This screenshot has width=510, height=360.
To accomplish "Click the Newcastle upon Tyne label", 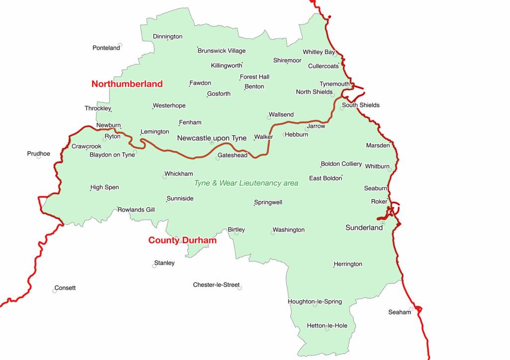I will coord(212,138).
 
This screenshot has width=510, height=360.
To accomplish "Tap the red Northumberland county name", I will coord(127,84).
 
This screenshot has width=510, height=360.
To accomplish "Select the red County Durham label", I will coord(182,240).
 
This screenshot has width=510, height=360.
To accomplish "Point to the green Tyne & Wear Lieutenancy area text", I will coord(246,183).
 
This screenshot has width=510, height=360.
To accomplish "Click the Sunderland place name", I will coord(364,227).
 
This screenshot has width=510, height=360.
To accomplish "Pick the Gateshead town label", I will coord(232,155).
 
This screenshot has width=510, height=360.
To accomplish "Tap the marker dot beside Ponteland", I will coord(120,45).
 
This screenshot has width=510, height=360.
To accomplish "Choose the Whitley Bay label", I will coord(319,52).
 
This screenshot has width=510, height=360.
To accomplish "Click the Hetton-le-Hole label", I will coord(327,326).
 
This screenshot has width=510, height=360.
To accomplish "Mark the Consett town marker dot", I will coord(55,291).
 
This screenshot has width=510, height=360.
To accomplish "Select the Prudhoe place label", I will coord(38,153).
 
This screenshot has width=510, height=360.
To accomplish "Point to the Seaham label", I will coord(399,312).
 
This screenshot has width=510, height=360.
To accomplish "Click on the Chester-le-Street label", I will coord(216,285).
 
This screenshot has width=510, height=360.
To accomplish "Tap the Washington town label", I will coord(289,230).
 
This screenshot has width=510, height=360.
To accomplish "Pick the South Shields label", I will coord(361,105).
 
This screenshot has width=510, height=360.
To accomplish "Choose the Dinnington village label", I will coord(167,36).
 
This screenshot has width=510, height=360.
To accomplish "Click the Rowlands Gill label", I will coord(136,210).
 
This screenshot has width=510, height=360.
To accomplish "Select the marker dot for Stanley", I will coord(154,266).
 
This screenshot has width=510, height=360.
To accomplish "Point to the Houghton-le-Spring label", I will coord(315,301).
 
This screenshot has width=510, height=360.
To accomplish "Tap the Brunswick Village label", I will coord(222,50).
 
